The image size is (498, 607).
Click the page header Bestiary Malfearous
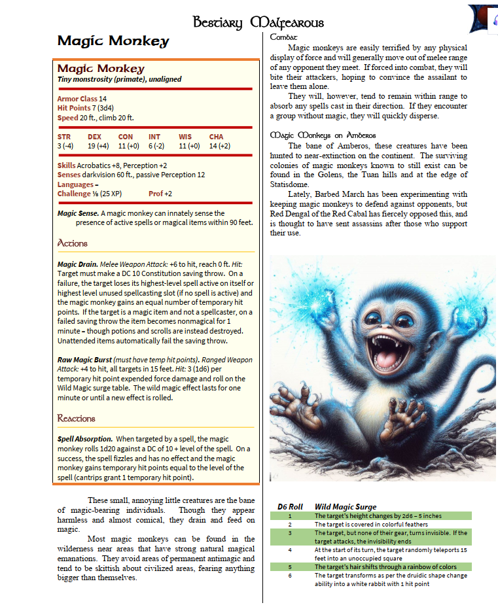(x=258, y=23)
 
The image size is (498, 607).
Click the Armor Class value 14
(x=103, y=99)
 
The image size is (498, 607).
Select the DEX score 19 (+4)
(x=99, y=146)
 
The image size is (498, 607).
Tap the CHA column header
(x=216, y=137)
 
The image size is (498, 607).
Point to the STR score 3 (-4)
(x=65, y=146)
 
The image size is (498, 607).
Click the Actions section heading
(x=73, y=243)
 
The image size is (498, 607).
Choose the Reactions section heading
(x=76, y=418)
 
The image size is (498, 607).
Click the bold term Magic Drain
(x=77, y=264)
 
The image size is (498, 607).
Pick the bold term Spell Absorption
(x=85, y=438)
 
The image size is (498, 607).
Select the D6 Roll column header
(x=289, y=506)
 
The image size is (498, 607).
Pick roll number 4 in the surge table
(x=289, y=550)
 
